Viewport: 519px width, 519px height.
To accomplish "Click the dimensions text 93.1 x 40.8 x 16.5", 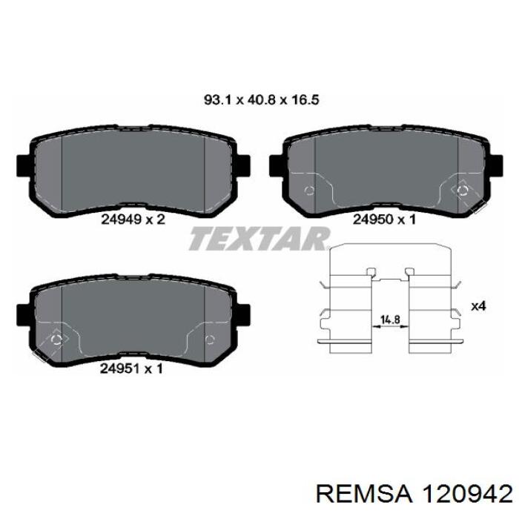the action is point(261,99).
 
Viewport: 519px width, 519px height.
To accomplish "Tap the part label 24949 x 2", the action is point(133,219).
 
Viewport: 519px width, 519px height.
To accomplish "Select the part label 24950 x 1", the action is point(384,219).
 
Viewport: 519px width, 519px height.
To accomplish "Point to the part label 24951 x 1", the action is point(131,368).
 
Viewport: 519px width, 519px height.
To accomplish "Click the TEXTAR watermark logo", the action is point(259,238).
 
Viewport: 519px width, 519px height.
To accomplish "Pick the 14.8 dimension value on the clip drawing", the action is point(390,320).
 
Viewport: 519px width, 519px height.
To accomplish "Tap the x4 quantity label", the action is point(478,306).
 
